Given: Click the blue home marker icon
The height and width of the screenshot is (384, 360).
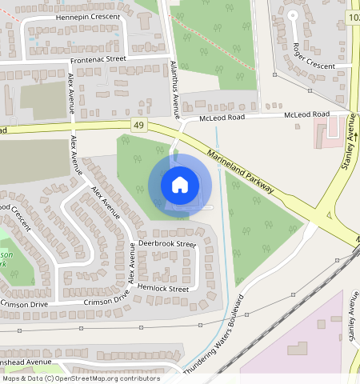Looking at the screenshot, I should point(180,186).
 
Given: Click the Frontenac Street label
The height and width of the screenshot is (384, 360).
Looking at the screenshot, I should point(98,58).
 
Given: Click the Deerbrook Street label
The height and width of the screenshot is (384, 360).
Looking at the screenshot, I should point(167,243).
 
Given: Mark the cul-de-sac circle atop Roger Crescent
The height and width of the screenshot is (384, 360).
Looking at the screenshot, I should point(292,14).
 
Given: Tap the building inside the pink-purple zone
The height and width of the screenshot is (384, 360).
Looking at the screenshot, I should point(298,349).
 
